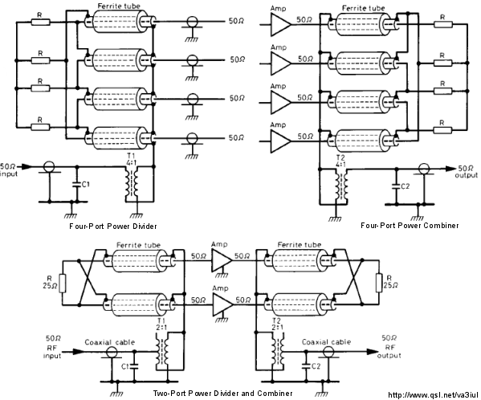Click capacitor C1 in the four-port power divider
pyautogui.click(x=77, y=185)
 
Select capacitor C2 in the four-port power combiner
pyautogui.click(x=396, y=186)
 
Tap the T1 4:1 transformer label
pyautogui.click(x=131, y=160)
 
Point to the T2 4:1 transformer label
pyautogui.click(x=340, y=161)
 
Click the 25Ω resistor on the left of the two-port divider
pyautogui.click(x=63, y=283)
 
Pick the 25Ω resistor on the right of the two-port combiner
pyautogui.click(x=380, y=283)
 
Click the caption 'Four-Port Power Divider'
pyautogui.click(x=113, y=227)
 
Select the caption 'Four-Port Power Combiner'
pyautogui.click(x=410, y=226)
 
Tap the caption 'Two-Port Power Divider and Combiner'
pyautogui.click(x=222, y=394)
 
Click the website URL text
pyautogui.click(x=433, y=395)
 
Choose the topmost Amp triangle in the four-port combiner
pyautogui.click(x=280, y=25)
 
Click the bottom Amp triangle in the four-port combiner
pyautogui.click(x=280, y=141)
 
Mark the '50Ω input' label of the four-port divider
pyautogui.click(x=10, y=170)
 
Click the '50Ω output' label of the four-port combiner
pyautogui.click(x=467, y=171)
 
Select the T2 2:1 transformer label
pyautogui.click(x=277, y=324)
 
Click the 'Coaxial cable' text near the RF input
pyautogui.click(x=109, y=342)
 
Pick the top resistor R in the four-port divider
pyautogui.click(x=40, y=22)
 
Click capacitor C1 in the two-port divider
pyautogui.click(x=134, y=366)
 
